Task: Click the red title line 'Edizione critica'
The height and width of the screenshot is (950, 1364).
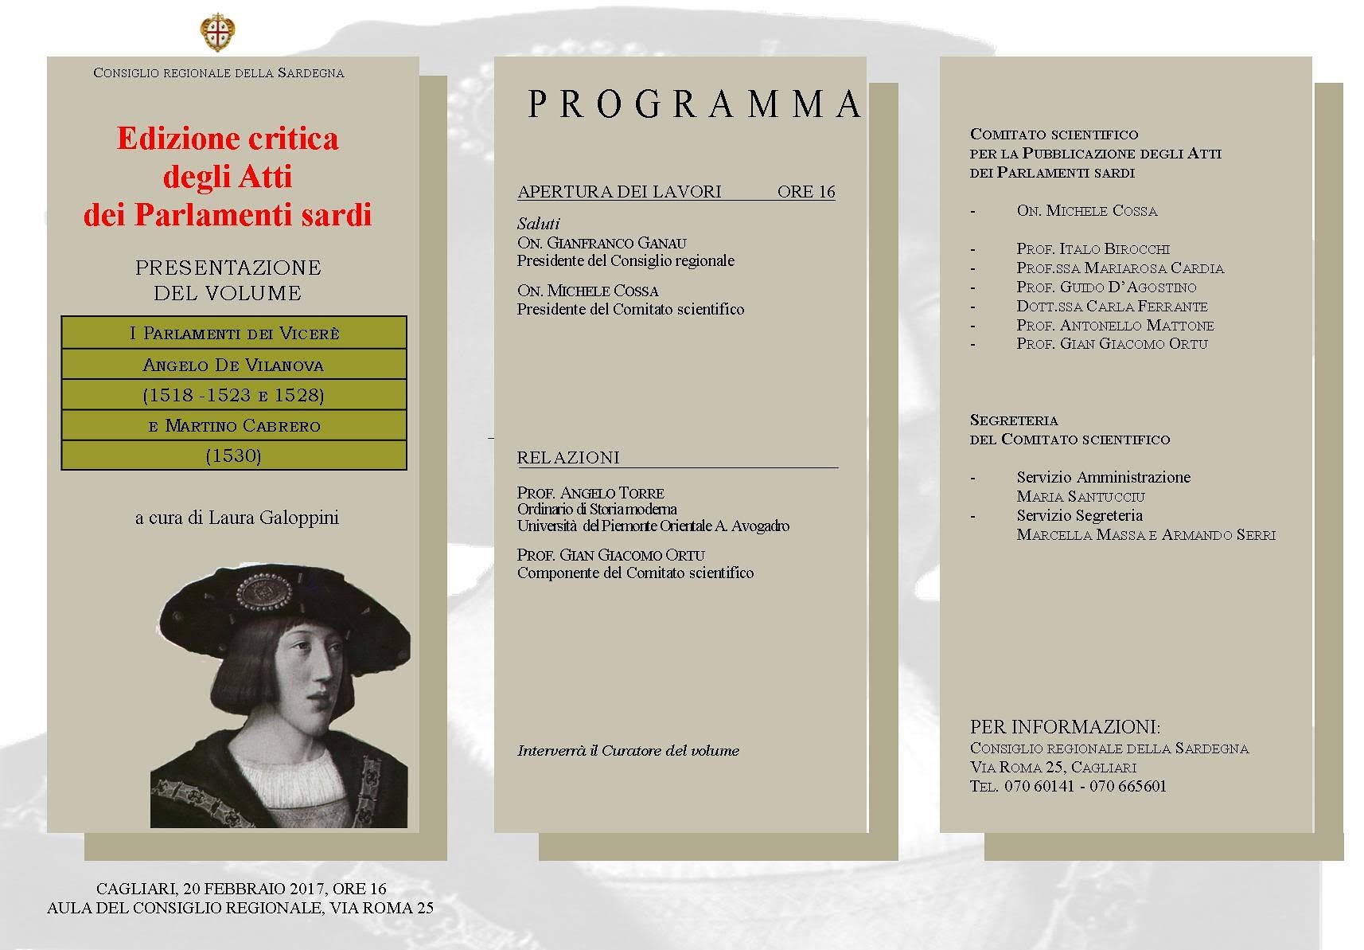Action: (x=228, y=139)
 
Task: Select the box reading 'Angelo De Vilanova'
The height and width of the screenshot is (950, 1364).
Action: (x=233, y=365)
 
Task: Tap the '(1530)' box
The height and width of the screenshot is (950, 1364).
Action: (x=233, y=455)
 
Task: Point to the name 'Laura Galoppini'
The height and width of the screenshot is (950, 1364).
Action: (x=274, y=518)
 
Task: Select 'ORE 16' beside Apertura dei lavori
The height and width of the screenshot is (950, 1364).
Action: (x=806, y=192)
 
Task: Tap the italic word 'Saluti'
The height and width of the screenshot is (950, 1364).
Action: (x=539, y=224)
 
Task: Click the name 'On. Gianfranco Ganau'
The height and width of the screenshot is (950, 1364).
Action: (x=602, y=243)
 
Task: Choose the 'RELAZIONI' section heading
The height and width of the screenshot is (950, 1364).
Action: (x=568, y=458)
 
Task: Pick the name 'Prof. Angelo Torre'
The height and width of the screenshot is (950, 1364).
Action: (x=590, y=493)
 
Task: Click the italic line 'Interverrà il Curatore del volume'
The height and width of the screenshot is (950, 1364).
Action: (x=628, y=750)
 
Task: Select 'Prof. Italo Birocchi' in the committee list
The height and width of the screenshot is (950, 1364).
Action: (x=1093, y=249)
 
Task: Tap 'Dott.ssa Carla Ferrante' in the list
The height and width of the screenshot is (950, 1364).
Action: (x=1112, y=307)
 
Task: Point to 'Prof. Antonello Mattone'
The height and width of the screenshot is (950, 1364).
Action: (x=1115, y=326)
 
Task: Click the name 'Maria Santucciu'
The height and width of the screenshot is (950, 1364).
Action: (x=1081, y=497)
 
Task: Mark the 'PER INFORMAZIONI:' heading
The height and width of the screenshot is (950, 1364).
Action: (x=1065, y=727)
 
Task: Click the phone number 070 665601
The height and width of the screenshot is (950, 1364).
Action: (x=1128, y=786)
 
